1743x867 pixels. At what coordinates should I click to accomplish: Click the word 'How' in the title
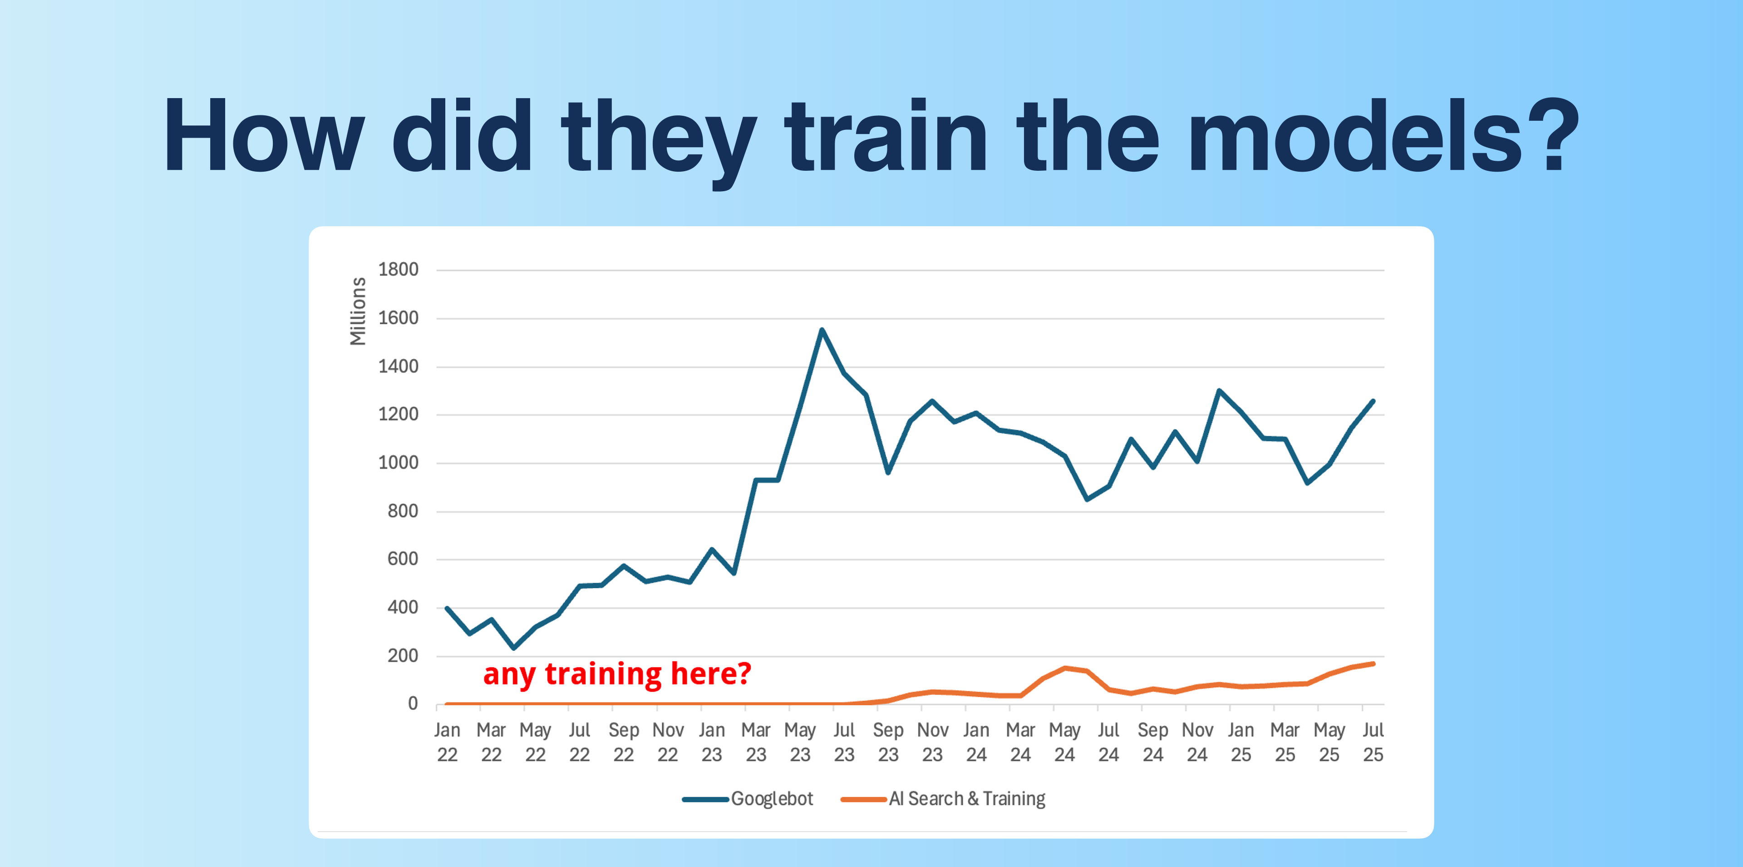tap(264, 135)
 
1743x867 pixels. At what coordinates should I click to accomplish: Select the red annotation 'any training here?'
tap(617, 674)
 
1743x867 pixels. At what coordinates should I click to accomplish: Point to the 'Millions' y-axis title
tap(357, 312)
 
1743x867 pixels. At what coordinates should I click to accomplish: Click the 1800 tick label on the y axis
tap(398, 269)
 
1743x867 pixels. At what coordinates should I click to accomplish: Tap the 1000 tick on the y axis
tap(398, 463)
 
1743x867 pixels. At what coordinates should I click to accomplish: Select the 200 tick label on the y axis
tap(403, 656)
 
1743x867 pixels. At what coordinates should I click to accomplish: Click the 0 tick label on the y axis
tap(412, 704)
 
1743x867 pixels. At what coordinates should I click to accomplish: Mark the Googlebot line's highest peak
tap(822, 330)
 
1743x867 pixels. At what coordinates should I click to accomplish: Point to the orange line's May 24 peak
tap(1065, 668)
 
